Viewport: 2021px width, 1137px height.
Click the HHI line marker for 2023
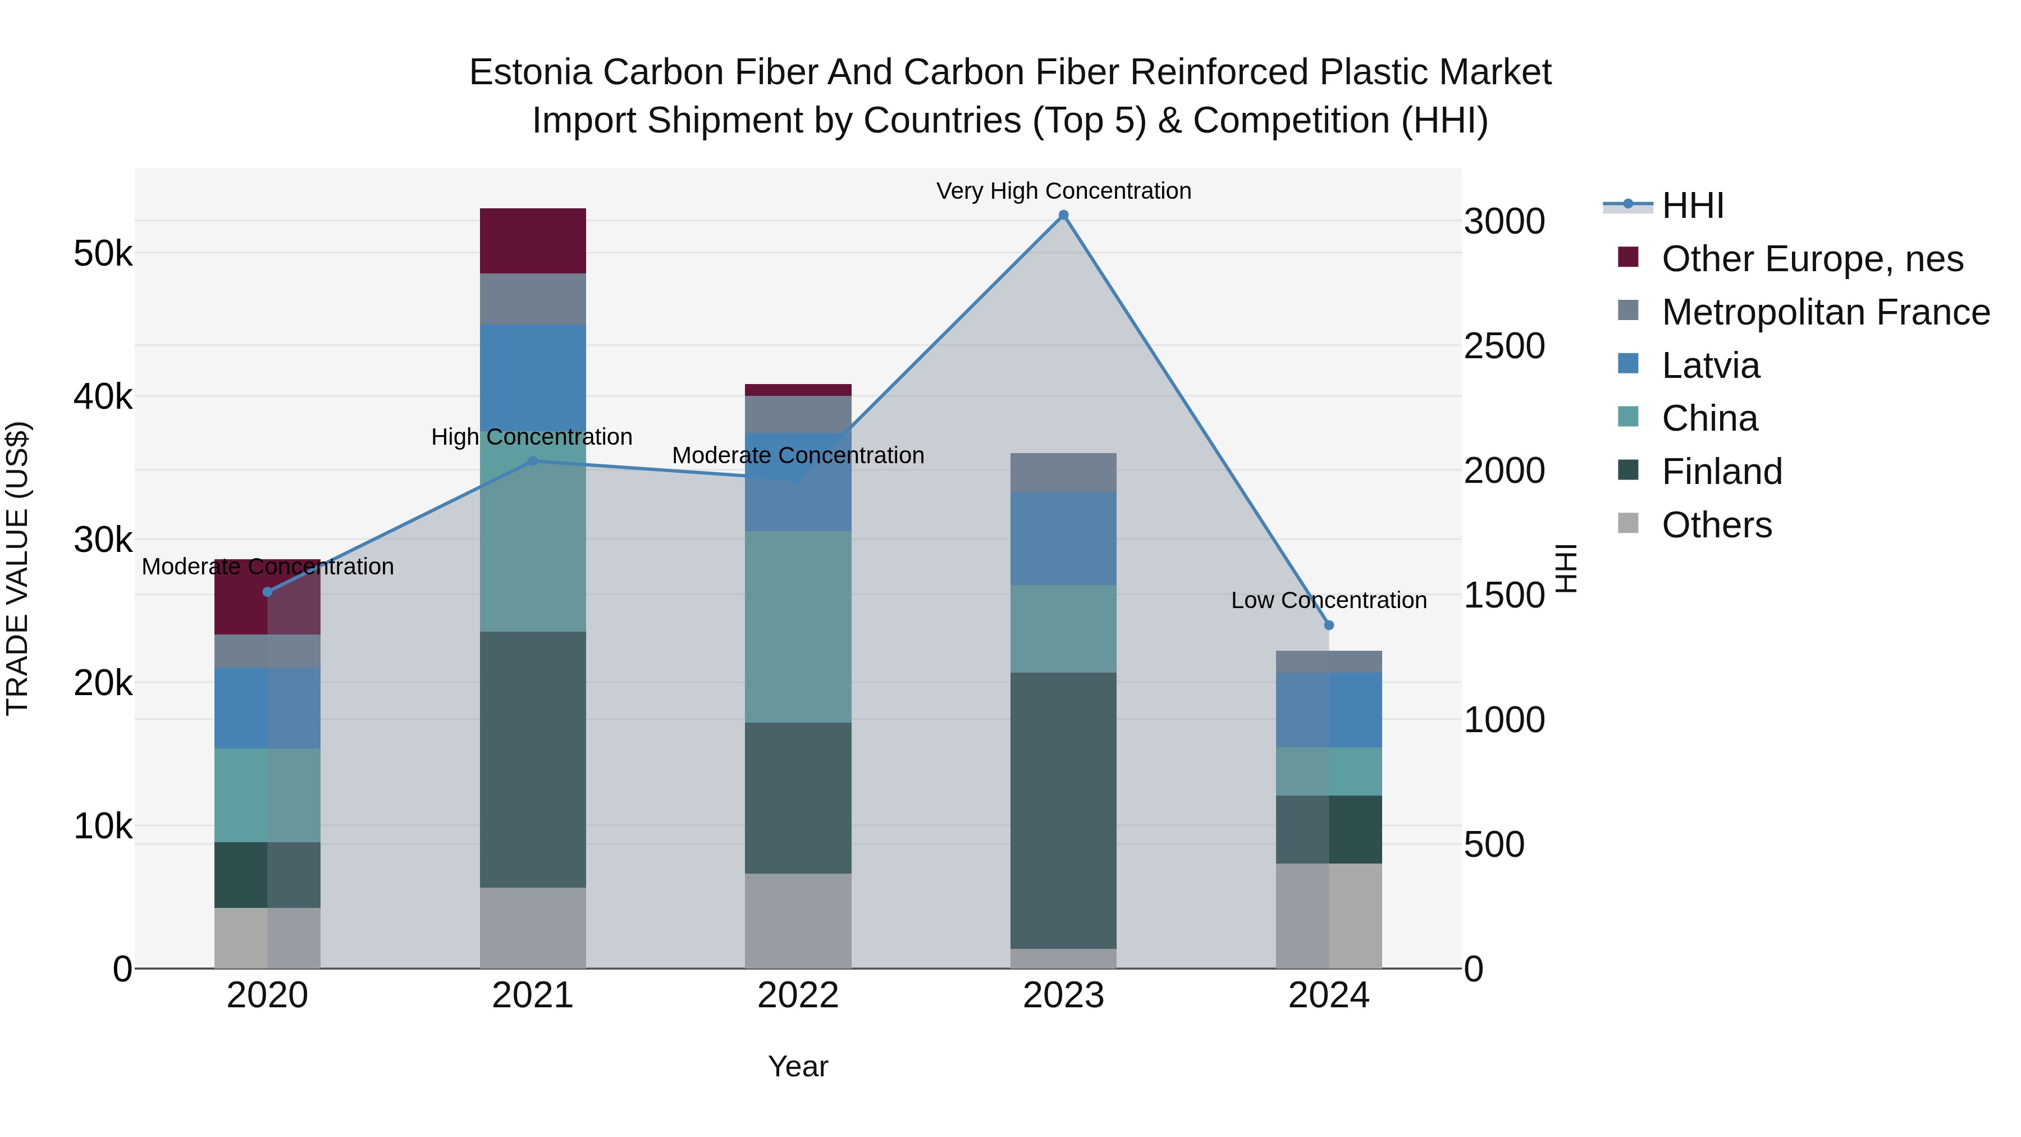point(1063,215)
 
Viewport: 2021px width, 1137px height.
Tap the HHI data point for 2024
point(1328,625)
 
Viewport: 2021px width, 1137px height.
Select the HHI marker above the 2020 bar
point(268,592)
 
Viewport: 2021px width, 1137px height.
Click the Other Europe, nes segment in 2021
point(533,241)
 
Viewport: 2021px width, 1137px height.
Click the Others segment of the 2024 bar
point(1328,915)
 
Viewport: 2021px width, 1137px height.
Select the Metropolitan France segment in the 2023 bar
point(1063,472)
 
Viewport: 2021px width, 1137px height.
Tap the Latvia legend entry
point(1711,366)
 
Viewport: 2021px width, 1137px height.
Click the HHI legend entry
point(1692,206)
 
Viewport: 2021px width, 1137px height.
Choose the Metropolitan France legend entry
point(1825,312)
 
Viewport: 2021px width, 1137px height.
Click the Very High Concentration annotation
point(1063,191)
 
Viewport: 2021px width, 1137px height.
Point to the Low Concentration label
point(1328,600)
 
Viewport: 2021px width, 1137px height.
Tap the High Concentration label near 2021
point(532,437)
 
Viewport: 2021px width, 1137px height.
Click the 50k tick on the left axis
point(103,253)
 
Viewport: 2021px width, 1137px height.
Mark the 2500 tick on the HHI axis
point(1504,346)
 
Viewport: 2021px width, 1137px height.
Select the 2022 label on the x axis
point(798,996)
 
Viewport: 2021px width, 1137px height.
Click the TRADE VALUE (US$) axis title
point(17,568)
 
